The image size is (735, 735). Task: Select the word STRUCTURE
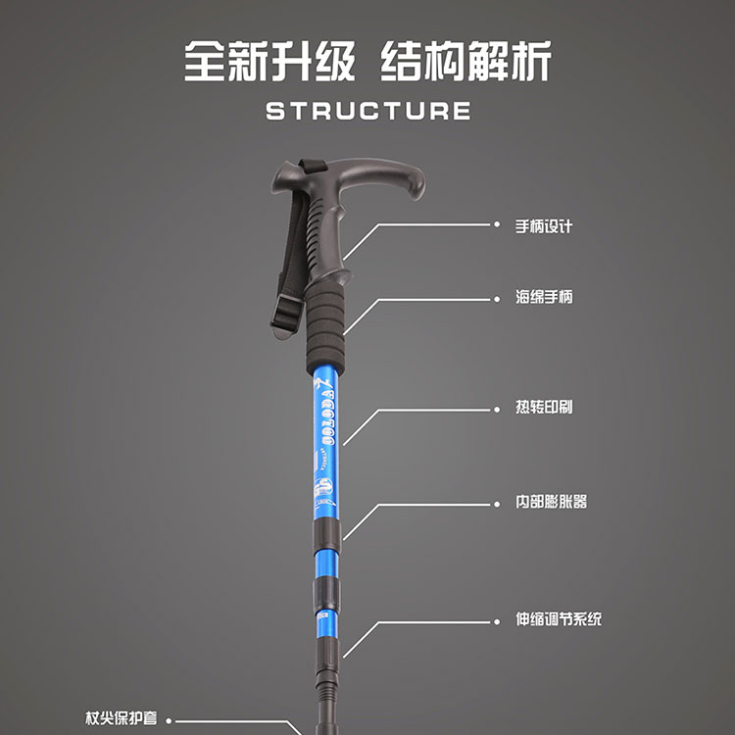pyautogui.click(x=367, y=110)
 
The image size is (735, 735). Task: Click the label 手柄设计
pyautogui.click(x=544, y=225)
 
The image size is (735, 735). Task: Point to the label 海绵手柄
pyautogui.click(x=544, y=297)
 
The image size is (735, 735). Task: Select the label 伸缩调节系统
pyautogui.click(x=559, y=620)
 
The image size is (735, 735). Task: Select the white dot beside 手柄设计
pyautogui.click(x=496, y=225)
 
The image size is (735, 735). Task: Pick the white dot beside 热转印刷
pyautogui.click(x=496, y=408)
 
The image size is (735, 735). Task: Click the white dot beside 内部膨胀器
pyautogui.click(x=496, y=504)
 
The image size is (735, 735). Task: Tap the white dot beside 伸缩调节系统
pyautogui.click(x=496, y=620)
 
